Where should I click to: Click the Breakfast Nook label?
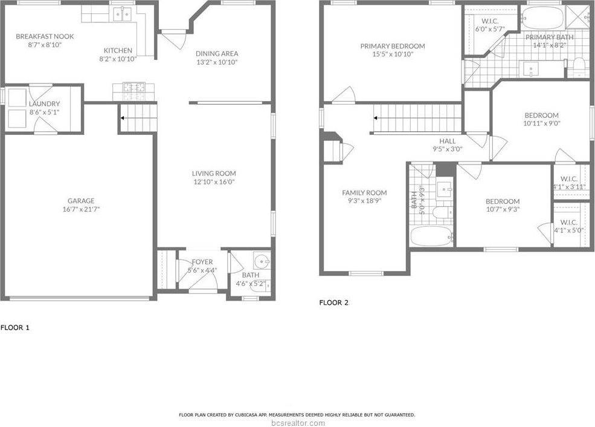pos(45,36)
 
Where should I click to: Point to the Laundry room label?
pos(44,103)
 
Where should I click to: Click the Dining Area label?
pos(216,53)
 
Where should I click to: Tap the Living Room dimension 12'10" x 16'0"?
pos(214,181)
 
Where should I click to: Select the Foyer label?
pos(202,262)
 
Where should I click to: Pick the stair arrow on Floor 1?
pos(123,118)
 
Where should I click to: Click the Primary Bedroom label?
pos(392,46)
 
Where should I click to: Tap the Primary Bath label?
pos(549,37)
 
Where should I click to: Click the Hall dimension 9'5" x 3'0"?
pos(447,149)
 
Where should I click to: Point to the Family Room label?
pos(364,193)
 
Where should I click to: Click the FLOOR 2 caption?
pos(333,302)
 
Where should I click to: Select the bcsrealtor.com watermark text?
pos(297,422)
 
